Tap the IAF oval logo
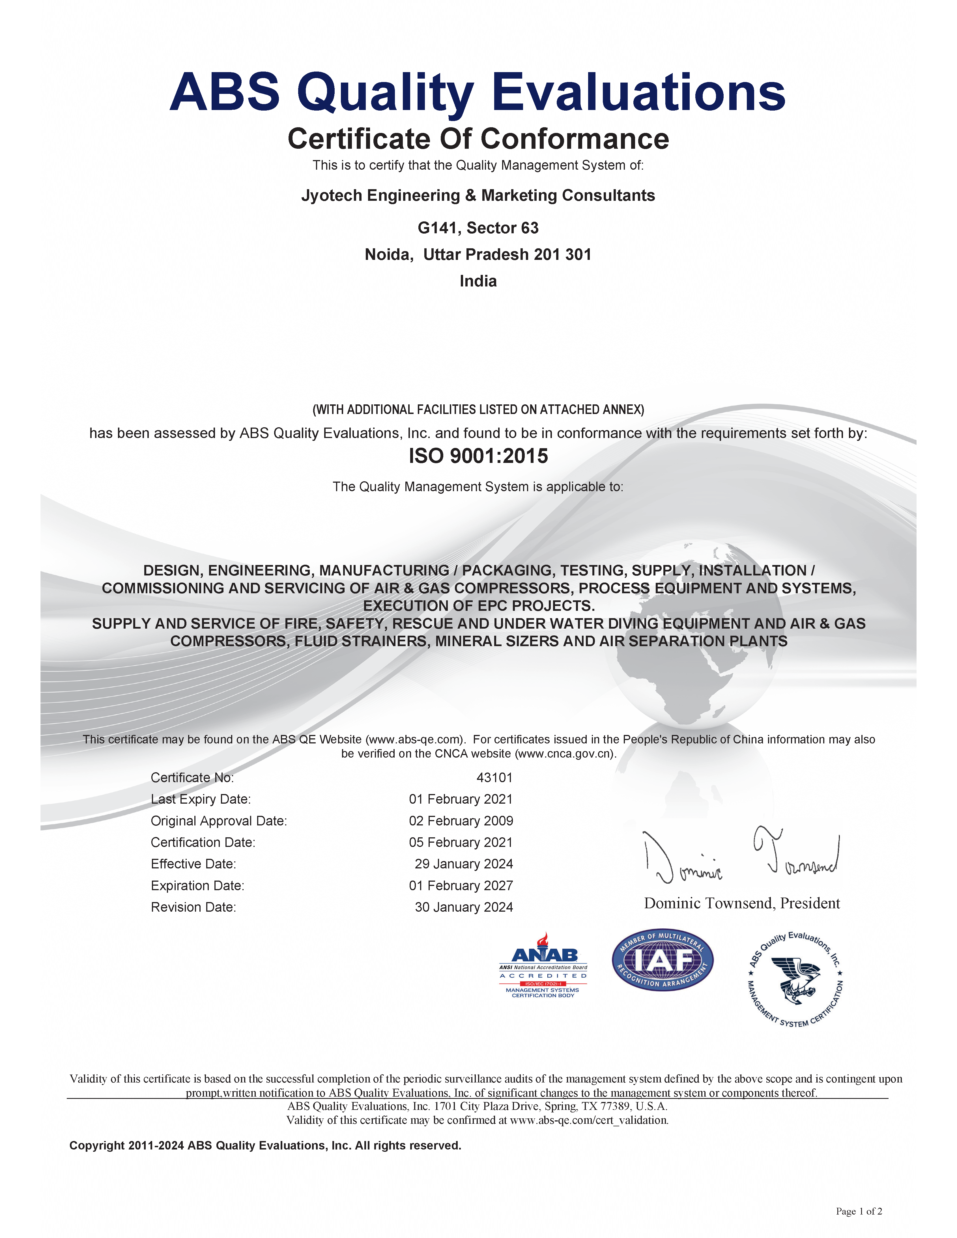click(662, 960)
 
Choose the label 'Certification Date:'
click(203, 842)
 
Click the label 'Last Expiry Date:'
click(201, 799)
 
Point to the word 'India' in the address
click(478, 281)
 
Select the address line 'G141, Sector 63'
click(478, 228)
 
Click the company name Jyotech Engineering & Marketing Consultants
click(478, 196)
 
